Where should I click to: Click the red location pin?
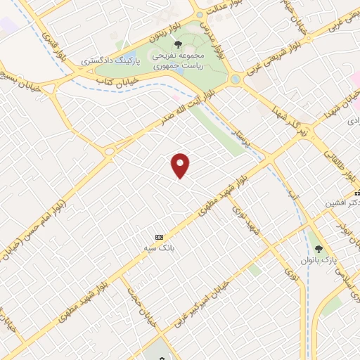pyautogui.click(x=181, y=166)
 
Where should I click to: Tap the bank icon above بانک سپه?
pyautogui.click(x=160, y=237)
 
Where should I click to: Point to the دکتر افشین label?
pyautogui.click(x=342, y=202)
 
